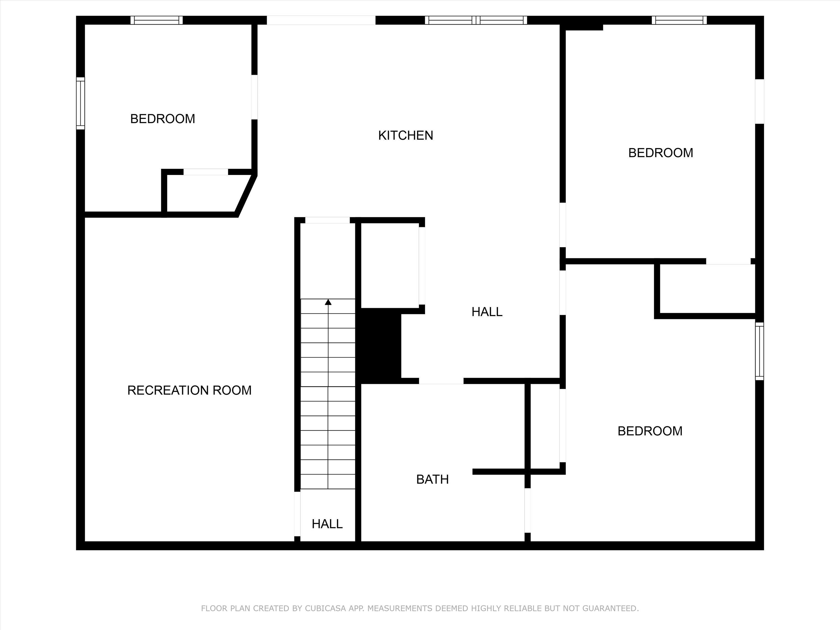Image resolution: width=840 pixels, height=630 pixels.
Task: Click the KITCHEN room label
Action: [x=405, y=136]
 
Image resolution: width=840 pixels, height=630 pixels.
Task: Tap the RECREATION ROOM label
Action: [x=189, y=390]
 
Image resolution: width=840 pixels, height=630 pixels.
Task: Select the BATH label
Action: [x=433, y=480]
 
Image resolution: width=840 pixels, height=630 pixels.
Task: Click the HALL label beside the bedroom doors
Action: [x=487, y=312]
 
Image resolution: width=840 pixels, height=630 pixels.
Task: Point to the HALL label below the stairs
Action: [x=327, y=524]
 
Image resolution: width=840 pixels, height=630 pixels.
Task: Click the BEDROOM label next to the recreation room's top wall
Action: [x=162, y=119]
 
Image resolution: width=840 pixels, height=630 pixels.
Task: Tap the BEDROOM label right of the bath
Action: [x=650, y=431]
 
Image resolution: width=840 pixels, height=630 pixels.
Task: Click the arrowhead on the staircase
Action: [x=328, y=302]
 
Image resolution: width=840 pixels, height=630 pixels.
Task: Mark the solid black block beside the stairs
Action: [x=381, y=346]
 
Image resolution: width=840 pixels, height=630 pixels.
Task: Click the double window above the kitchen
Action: [x=476, y=20]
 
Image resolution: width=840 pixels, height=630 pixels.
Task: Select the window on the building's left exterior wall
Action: [x=81, y=103]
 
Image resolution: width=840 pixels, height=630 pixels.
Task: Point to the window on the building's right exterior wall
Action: [x=759, y=351]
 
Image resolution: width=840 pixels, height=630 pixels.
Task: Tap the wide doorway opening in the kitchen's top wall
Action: [x=321, y=20]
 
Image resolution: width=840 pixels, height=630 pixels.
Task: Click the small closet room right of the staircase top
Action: [x=390, y=265]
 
